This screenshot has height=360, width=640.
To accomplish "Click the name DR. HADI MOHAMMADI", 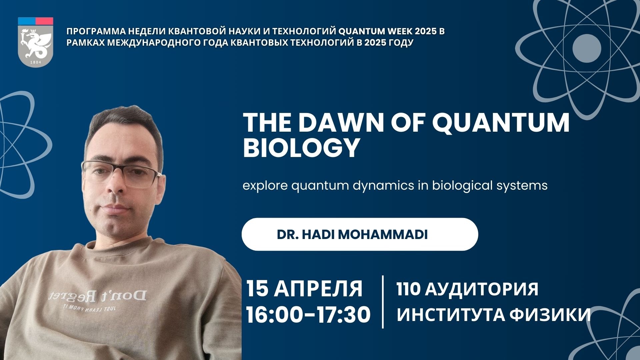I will [352, 235].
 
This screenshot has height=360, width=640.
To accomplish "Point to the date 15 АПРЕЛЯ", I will [304, 289].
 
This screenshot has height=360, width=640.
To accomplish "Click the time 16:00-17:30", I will [308, 315].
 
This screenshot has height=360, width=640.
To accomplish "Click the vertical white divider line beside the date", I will [383, 302].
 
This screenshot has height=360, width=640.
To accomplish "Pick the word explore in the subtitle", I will [265, 185].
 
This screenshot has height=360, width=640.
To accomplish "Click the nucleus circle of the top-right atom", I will [587, 48].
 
